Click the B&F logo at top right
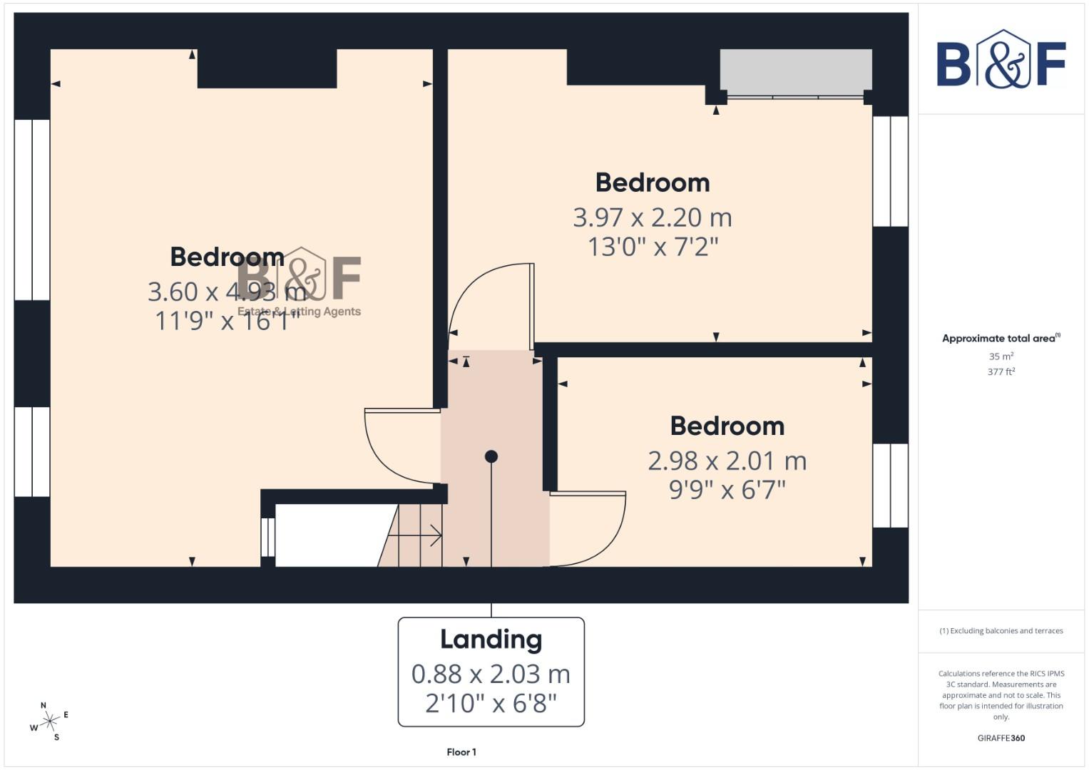[x=1001, y=61]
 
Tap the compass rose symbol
[x=49, y=722]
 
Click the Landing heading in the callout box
[x=491, y=640]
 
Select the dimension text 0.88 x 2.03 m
[x=491, y=674]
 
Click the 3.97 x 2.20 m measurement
[x=653, y=217]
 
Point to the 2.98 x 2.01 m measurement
[x=727, y=461]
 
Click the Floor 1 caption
[x=461, y=752]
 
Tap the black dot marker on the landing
[x=491, y=456]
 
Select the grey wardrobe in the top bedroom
[x=795, y=71]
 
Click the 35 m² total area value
[x=1001, y=356]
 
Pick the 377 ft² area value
[x=1001, y=372]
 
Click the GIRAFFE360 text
[x=1001, y=738]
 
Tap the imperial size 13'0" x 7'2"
[x=653, y=247]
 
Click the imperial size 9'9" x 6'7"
[x=727, y=491]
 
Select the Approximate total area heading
[x=1001, y=339]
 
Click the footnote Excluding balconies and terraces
[x=1001, y=631]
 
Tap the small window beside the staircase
[x=267, y=536]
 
